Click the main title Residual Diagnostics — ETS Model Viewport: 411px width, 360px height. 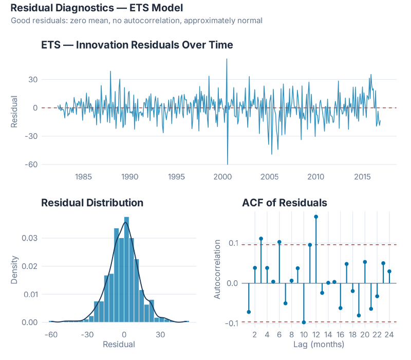[96, 8]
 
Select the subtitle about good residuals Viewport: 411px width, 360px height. [136, 21]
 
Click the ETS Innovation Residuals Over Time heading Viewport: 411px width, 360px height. [137, 45]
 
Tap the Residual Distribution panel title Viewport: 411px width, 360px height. [92, 203]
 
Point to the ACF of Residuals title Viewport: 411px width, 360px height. [284, 203]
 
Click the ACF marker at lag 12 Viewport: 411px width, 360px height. [316, 217]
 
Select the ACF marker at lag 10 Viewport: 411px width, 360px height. [304, 322]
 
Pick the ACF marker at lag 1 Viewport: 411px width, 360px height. [249, 312]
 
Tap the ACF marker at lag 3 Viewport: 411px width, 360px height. [261, 239]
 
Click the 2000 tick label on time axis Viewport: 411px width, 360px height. [223, 177]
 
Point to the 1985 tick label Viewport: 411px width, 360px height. [84, 177]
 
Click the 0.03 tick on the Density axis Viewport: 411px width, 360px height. [29, 238]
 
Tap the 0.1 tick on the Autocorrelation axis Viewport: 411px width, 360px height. [232, 243]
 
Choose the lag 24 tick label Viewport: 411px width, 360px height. [389, 334]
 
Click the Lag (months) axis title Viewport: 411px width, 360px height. [319, 344]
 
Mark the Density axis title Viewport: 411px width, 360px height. [15, 270]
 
